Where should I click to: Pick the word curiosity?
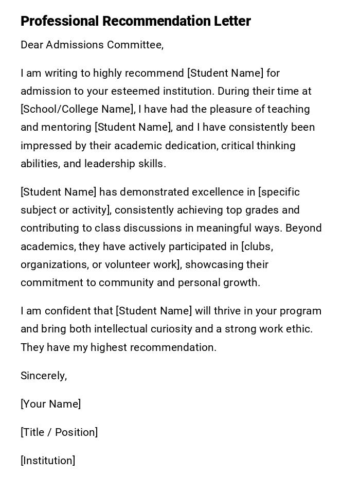pos(174,329)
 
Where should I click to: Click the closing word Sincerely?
pos(44,376)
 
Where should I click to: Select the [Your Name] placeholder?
pos(50,404)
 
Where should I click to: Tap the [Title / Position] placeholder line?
pos(59,433)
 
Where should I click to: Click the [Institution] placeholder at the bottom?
pos(48,461)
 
